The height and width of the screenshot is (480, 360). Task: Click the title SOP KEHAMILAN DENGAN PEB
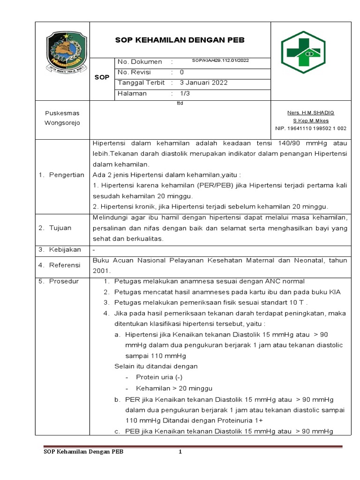(x=180, y=40)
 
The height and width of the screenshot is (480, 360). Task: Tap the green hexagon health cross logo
(x=309, y=52)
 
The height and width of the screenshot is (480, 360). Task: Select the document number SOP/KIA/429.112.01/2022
(x=221, y=61)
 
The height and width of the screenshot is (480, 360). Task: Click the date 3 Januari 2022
(x=204, y=83)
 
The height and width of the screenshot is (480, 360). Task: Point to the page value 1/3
(x=185, y=94)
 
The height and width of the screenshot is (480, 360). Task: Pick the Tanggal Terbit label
(x=141, y=83)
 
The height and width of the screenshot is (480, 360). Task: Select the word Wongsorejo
(x=62, y=123)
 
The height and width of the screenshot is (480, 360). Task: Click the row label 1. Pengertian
(x=61, y=175)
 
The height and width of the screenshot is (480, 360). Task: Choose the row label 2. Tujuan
(x=55, y=228)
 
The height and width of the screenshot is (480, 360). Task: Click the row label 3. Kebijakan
(x=60, y=250)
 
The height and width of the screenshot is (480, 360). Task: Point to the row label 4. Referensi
(x=59, y=265)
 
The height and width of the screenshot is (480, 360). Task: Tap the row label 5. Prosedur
(x=59, y=281)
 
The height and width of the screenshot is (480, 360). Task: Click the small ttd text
(x=180, y=105)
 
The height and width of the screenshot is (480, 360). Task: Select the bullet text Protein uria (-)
(x=159, y=377)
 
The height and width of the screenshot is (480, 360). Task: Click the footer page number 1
(x=180, y=452)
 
